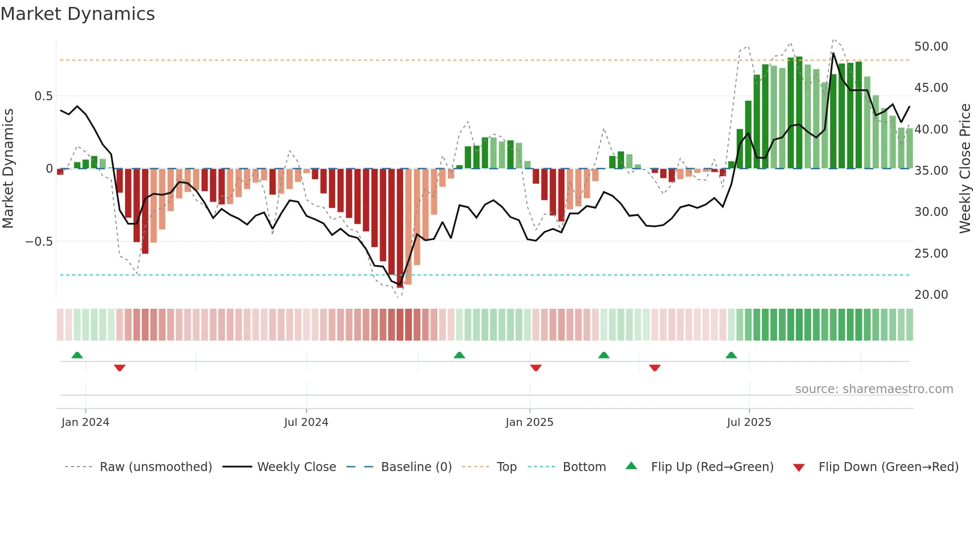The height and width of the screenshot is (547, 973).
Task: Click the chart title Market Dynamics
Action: click(x=77, y=14)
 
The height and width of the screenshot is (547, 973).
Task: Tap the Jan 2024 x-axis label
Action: click(x=85, y=422)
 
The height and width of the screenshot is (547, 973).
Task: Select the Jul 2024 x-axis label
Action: click(x=306, y=422)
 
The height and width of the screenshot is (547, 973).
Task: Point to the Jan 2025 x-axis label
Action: click(x=529, y=422)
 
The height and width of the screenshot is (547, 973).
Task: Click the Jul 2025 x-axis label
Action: click(x=749, y=422)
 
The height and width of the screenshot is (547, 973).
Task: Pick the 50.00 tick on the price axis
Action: click(x=931, y=47)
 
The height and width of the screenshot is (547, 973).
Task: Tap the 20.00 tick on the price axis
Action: click(x=931, y=295)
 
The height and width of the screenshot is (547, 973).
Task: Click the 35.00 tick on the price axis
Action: click(x=931, y=171)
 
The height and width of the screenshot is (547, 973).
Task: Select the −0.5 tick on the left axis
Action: click(x=39, y=242)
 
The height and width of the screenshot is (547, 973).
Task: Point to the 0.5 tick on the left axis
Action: click(x=43, y=96)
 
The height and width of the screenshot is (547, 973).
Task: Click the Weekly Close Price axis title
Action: click(x=965, y=169)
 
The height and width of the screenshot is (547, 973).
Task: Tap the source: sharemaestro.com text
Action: click(x=874, y=389)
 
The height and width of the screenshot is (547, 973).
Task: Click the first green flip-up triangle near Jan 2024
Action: click(x=77, y=355)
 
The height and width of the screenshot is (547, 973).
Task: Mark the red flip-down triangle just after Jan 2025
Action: click(x=536, y=368)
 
